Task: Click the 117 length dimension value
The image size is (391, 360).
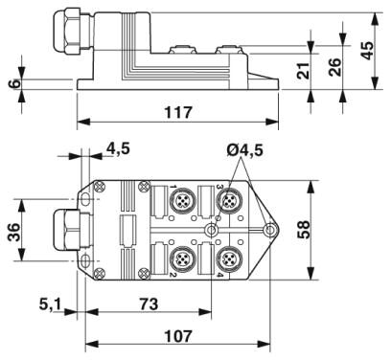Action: point(178,112)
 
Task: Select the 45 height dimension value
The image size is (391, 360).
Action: point(367,51)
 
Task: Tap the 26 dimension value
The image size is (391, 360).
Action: point(335,67)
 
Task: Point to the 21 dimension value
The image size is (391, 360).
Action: point(304,70)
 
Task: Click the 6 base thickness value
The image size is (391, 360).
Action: point(15,83)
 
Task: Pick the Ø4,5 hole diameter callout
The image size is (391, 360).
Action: point(245,149)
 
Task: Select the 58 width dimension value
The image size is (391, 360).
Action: point(304,230)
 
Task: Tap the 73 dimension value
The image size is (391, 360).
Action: point(149,304)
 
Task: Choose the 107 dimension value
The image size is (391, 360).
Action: point(178,336)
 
